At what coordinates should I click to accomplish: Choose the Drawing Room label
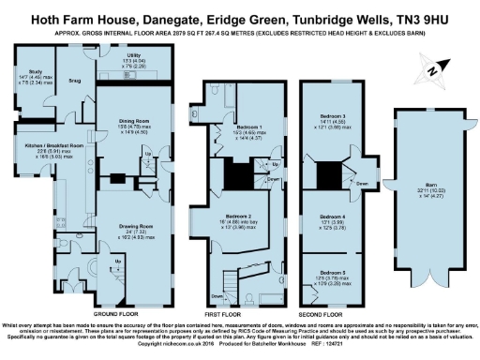(133, 226)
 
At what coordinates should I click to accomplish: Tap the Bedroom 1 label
(247, 126)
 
